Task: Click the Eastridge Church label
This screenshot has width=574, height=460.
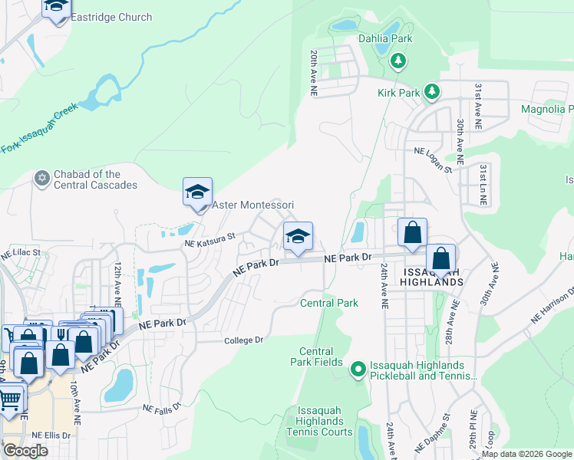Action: coord(111,17)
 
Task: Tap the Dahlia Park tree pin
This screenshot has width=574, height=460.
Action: coord(398,60)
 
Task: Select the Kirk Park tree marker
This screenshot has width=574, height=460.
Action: coord(432,92)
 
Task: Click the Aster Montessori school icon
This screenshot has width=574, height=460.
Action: coord(197,192)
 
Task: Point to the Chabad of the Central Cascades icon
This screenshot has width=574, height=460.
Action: coord(41,179)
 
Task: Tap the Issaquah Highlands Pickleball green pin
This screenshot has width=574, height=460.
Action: coord(358,370)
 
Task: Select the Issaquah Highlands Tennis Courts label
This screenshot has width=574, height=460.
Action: coord(320,422)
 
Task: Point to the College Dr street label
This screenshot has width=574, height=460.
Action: coord(243,340)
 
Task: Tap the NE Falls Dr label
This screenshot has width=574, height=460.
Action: coord(162,408)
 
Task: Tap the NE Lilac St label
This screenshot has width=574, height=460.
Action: coord(20,251)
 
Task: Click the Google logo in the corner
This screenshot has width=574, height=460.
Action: coord(25,451)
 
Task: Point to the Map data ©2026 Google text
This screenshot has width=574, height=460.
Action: coord(526,454)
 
